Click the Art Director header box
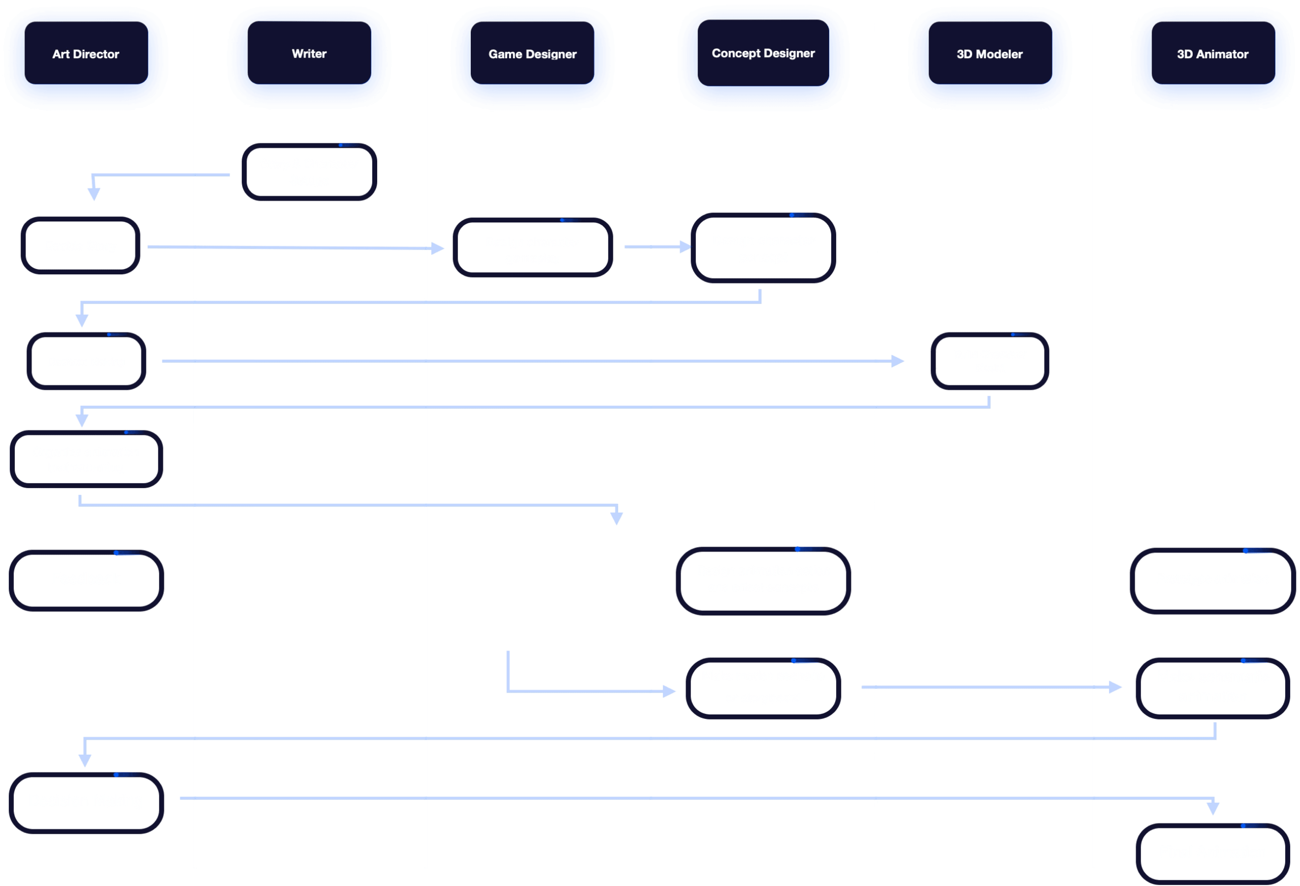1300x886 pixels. click(86, 54)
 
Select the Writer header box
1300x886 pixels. click(309, 54)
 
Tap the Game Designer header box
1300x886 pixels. click(532, 54)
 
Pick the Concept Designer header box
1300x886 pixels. click(763, 53)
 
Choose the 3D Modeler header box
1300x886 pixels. click(989, 54)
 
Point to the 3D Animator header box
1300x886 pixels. click(1213, 54)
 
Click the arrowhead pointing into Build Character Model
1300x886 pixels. click(898, 361)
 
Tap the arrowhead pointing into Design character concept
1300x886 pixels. click(685, 246)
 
